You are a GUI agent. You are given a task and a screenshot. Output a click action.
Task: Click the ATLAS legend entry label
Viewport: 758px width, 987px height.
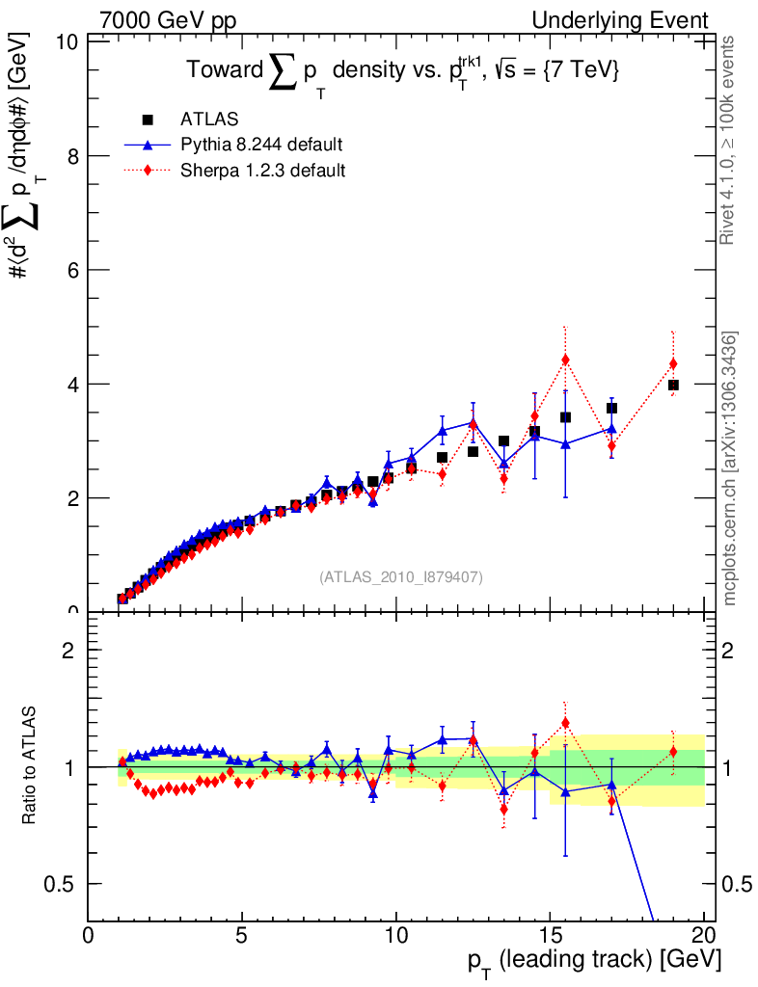tap(209, 120)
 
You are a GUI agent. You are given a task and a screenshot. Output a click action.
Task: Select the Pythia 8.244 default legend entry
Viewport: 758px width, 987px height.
tap(261, 145)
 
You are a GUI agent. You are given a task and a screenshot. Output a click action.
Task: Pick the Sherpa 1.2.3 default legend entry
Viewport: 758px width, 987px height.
tap(263, 171)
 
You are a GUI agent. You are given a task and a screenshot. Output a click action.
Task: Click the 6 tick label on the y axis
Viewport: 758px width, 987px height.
tap(69, 270)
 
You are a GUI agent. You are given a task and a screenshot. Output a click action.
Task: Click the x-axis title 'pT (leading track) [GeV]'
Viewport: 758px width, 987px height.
tap(587, 963)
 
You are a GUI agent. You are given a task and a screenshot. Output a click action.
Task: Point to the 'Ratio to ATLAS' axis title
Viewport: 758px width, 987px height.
tap(30, 766)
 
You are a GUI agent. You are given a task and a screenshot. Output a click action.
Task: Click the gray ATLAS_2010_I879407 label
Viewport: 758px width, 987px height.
tap(401, 576)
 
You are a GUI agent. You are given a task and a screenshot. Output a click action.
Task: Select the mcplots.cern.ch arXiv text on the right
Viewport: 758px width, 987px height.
tap(730, 468)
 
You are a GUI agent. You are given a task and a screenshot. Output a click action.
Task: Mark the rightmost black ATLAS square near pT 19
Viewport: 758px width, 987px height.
tap(673, 385)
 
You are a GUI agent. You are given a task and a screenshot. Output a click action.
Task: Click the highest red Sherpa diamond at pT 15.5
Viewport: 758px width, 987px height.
tap(565, 360)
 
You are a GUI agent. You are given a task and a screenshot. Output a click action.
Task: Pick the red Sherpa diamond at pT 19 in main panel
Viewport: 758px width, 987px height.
tap(673, 363)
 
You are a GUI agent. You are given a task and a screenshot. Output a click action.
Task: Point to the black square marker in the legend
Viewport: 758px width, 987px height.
tap(148, 120)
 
